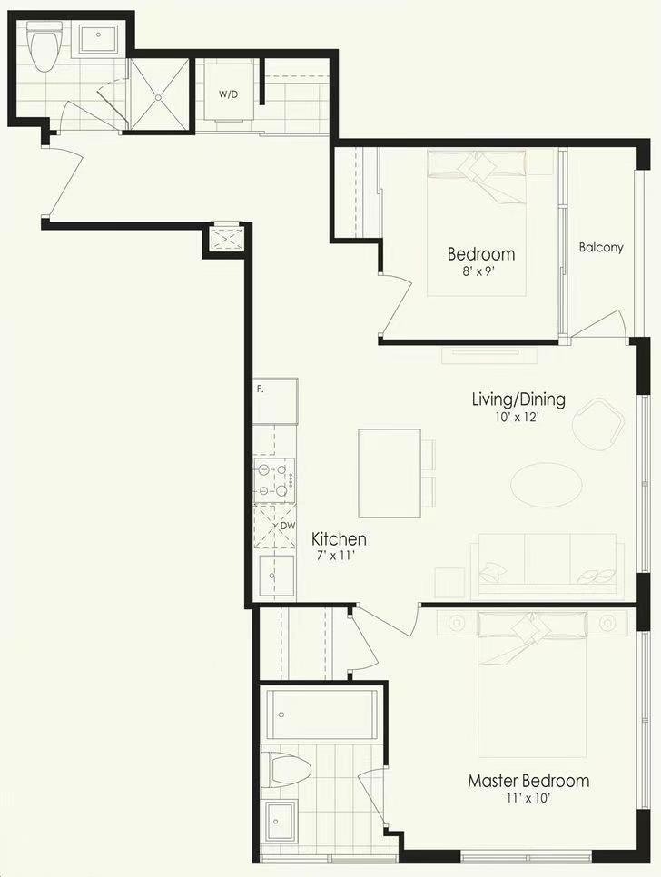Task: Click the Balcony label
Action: tap(600, 247)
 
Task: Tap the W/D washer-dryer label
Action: tap(228, 94)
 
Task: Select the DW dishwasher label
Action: tap(288, 526)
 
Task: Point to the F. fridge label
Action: tap(260, 389)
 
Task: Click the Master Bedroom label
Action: tap(528, 780)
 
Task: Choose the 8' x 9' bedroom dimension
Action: tap(480, 272)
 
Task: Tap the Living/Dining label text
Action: tap(518, 399)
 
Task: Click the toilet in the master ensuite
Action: tap(290, 768)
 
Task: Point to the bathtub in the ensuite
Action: tap(321, 714)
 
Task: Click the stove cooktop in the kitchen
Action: tap(274, 480)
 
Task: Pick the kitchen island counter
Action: tap(390, 474)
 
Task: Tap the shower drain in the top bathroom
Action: tap(158, 97)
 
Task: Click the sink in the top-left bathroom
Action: tap(98, 38)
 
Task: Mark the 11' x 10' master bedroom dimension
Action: tap(528, 798)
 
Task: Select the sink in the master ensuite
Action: tap(281, 821)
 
